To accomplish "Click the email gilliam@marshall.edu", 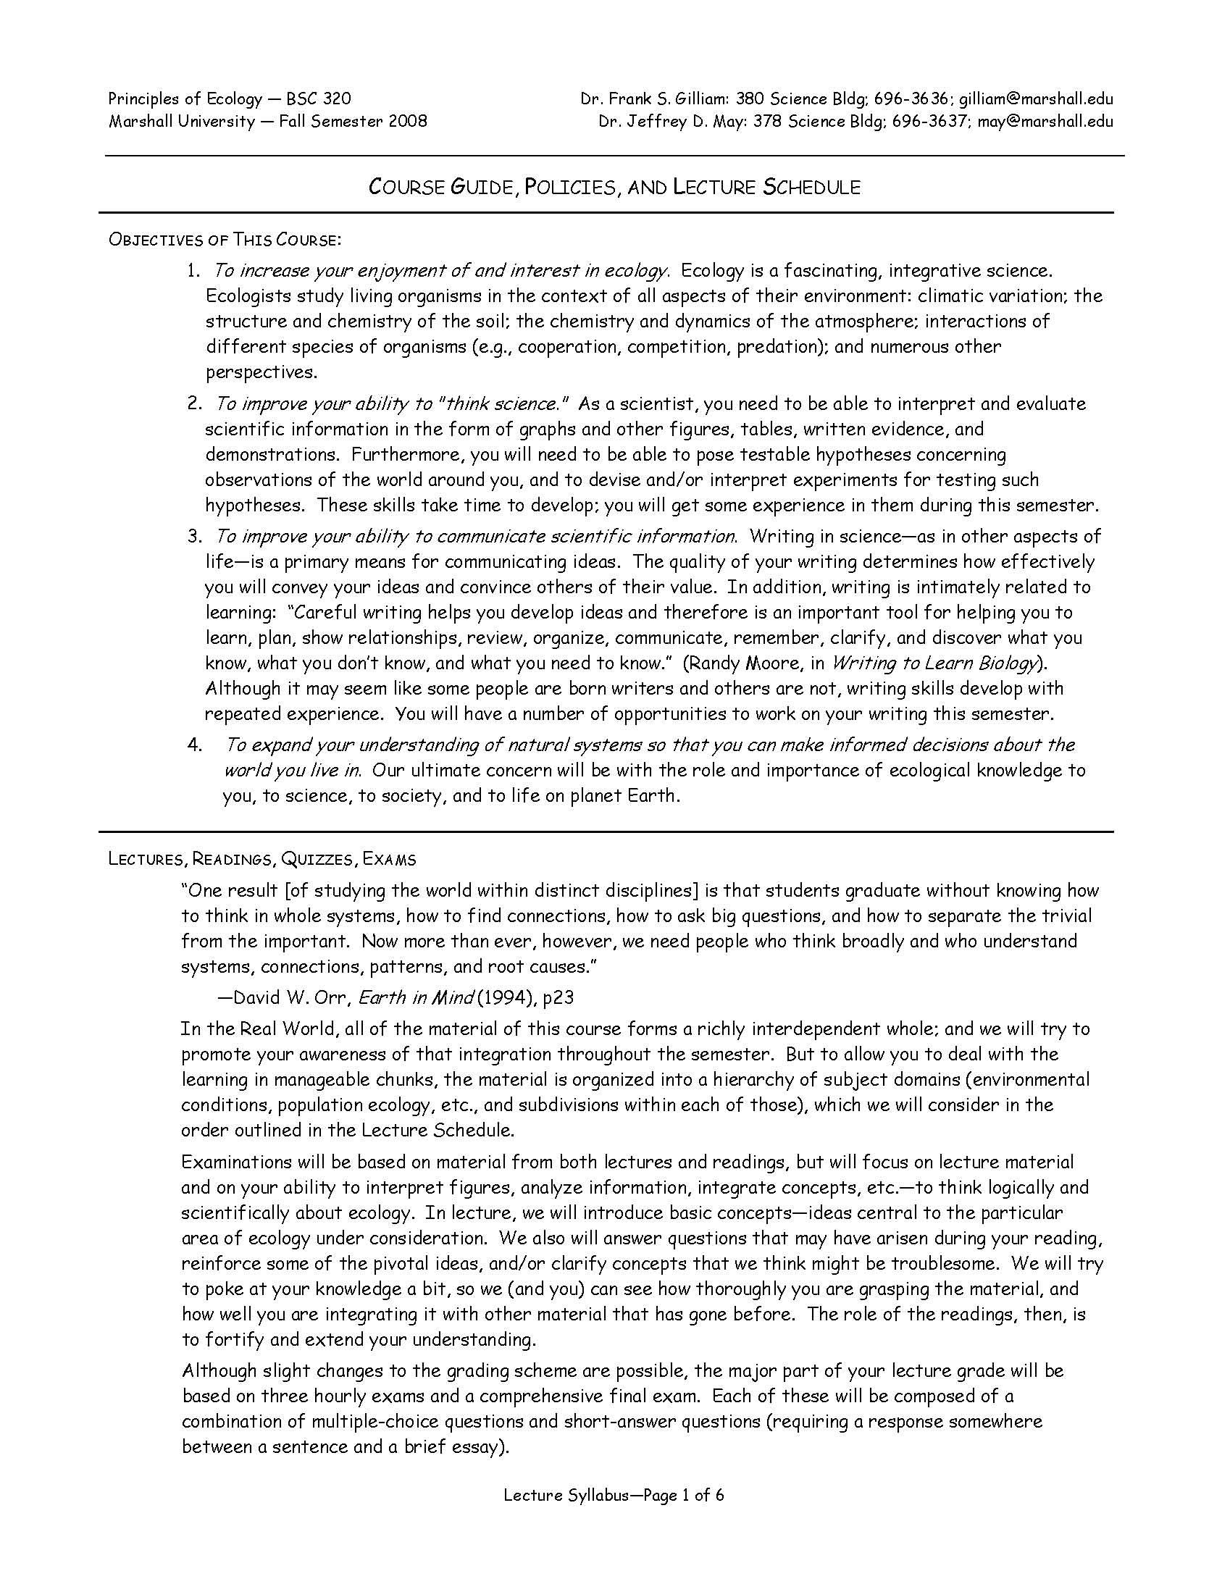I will click(x=1035, y=99).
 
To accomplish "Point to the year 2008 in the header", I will click(x=408, y=121).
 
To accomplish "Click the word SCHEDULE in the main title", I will click(x=811, y=188).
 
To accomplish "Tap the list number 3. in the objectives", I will click(x=194, y=537).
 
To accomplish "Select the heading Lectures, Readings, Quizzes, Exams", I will click(x=262, y=860).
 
